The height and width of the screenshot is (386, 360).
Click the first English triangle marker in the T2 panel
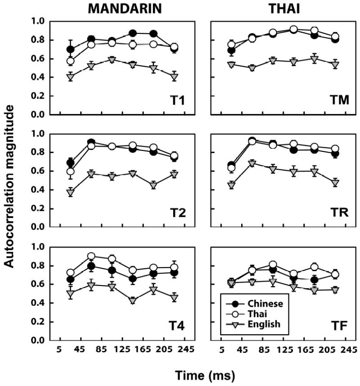tap(70, 192)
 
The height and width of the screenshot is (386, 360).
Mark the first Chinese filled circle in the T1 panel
tap(70, 50)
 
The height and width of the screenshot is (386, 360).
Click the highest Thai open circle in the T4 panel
tap(91, 256)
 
